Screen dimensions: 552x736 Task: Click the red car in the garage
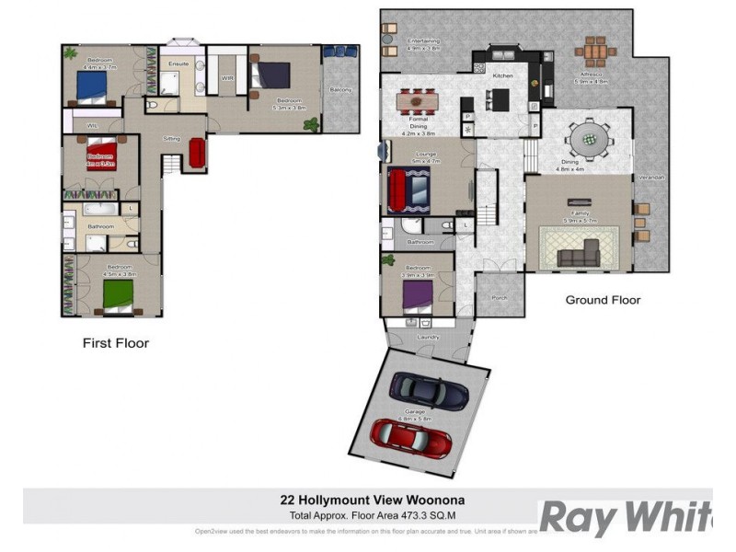click(x=411, y=437)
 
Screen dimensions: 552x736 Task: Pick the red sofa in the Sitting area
click(x=196, y=152)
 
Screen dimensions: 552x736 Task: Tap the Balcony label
click(x=340, y=89)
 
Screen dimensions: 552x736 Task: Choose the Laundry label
click(x=428, y=337)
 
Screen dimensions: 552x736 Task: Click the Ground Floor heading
click(x=603, y=300)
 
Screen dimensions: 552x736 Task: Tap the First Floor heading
click(x=115, y=343)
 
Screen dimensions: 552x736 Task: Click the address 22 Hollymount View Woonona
click(x=365, y=501)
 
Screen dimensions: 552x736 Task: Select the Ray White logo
click(x=626, y=517)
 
